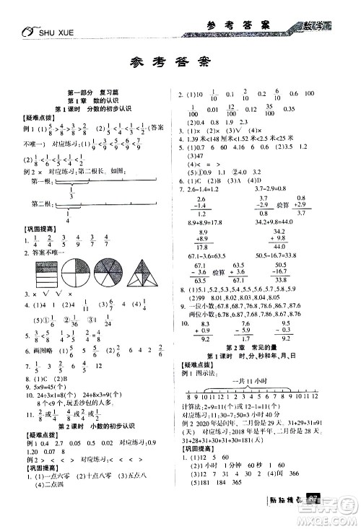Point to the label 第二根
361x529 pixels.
[40, 204]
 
